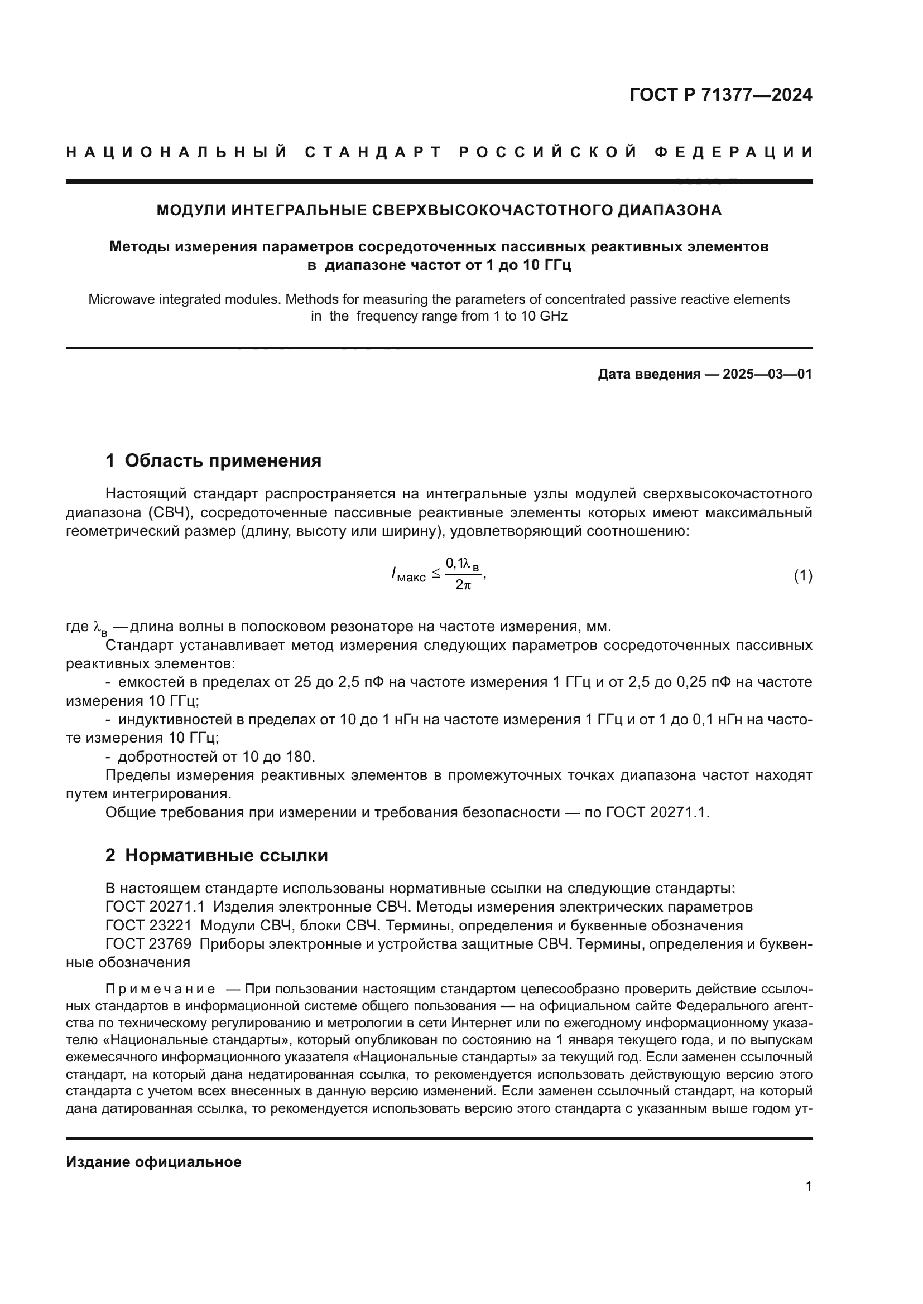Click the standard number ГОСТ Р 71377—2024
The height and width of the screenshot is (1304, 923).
[720, 95]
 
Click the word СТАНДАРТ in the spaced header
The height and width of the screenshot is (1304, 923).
[373, 152]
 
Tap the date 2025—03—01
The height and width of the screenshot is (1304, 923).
[767, 374]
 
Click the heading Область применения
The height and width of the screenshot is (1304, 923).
[223, 460]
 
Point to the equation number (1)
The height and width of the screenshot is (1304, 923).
[802, 576]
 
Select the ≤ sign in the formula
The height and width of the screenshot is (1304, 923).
[436, 574]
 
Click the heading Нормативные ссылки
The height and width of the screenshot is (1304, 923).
[226, 855]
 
